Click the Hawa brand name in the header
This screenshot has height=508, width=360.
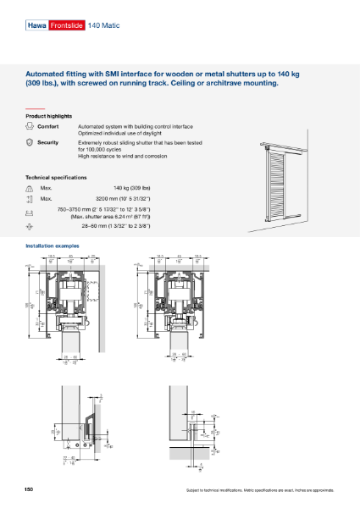37,27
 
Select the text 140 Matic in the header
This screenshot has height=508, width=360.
103,27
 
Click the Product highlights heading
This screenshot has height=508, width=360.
48,115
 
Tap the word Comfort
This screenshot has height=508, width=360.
47,125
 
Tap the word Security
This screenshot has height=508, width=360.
47,142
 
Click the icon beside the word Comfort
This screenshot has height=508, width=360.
30,126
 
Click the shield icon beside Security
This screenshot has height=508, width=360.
30,143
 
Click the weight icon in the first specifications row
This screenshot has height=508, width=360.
30,188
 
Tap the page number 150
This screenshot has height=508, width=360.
30,490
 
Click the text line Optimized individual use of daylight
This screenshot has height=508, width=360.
123,133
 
